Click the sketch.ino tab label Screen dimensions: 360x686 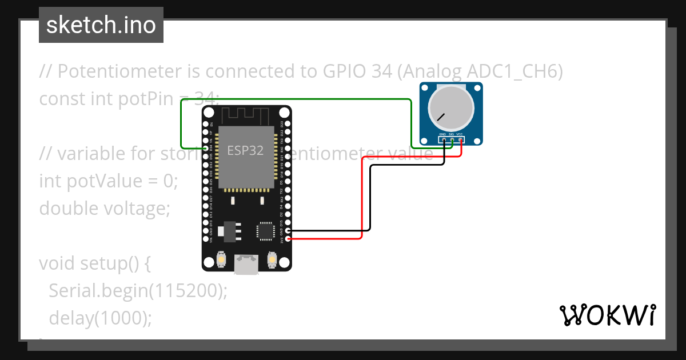coord(101,25)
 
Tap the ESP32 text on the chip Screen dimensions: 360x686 coord(245,150)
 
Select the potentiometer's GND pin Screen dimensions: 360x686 coord(444,139)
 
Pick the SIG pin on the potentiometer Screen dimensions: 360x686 coord(452,139)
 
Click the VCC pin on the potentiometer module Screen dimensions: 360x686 coord(460,139)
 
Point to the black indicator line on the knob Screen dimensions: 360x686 coord(441,117)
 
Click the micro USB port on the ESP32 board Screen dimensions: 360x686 coord(246,264)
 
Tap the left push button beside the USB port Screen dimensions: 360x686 coord(221,261)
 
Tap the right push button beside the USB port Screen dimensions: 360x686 coord(273,261)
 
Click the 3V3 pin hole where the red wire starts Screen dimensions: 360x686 coord(288,238)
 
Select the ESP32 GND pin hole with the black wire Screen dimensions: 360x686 coord(288,231)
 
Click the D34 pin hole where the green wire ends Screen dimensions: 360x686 coord(206,147)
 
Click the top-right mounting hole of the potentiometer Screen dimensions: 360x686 coord(477,89)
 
